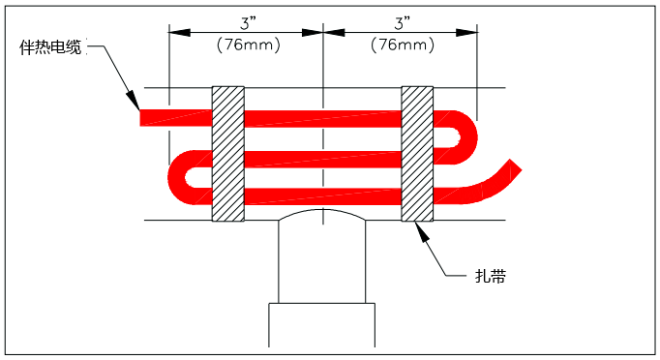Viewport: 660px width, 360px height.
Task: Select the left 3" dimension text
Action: point(245,21)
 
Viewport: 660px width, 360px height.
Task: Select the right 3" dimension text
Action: point(400,21)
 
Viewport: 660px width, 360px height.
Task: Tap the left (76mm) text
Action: point(245,45)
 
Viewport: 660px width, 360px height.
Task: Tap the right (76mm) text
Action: point(400,45)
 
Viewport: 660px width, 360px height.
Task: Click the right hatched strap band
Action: point(417,153)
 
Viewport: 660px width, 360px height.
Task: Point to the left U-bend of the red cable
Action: point(181,177)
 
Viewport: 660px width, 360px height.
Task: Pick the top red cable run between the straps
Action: point(321,118)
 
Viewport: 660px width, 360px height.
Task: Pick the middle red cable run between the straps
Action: point(321,159)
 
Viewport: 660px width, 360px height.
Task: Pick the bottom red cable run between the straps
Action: point(321,196)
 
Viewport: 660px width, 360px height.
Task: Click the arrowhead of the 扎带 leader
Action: point(418,226)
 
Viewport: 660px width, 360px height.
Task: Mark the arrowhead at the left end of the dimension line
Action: point(175,31)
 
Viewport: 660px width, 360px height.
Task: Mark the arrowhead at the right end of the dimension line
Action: point(473,31)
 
